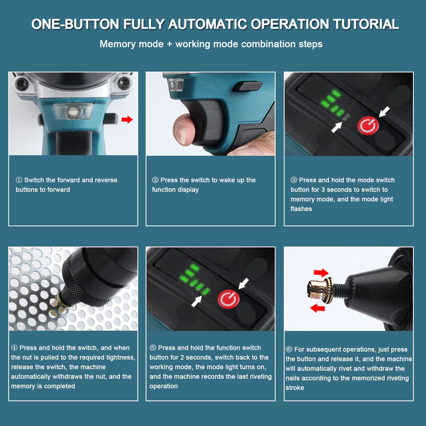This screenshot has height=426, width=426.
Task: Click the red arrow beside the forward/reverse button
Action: [x=127, y=120]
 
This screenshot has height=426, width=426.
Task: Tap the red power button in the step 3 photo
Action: [x=368, y=126]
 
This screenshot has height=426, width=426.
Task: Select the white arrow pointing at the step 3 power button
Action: [x=384, y=112]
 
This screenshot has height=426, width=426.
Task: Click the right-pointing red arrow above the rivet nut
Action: [x=321, y=273]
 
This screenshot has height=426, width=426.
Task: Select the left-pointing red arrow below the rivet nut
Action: [x=318, y=308]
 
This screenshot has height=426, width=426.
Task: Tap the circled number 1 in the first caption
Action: [x=19, y=180]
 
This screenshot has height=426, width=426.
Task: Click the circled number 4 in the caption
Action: [x=14, y=348]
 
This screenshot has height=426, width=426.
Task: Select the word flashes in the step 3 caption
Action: [x=301, y=209]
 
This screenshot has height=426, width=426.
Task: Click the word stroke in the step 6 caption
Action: [x=295, y=388]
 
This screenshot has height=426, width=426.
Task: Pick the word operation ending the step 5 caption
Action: [x=163, y=386]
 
